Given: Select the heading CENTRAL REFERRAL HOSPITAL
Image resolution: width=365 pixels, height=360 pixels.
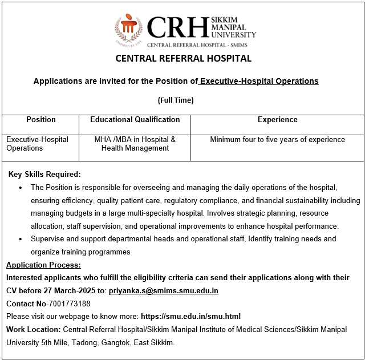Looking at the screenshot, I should (x=183, y=58).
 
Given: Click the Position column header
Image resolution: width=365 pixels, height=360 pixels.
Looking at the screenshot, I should (x=41, y=120).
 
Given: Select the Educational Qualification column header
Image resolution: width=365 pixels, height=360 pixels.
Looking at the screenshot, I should (x=135, y=120).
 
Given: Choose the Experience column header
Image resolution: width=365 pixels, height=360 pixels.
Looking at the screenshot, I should (x=277, y=120).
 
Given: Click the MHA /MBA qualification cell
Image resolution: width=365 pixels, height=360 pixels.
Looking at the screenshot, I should (x=135, y=144).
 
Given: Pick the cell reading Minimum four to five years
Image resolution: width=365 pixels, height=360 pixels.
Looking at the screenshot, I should (x=277, y=140).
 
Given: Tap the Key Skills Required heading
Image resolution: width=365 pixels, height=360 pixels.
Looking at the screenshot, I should (x=44, y=174).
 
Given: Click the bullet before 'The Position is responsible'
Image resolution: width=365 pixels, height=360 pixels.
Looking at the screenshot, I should (x=21, y=188).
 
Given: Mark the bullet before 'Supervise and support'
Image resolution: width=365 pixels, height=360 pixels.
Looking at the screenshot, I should (x=21, y=239).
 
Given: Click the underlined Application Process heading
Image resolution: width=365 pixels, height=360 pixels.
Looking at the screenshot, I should (x=43, y=265).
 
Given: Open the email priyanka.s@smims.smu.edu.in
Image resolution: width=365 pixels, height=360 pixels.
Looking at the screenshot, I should (x=164, y=291).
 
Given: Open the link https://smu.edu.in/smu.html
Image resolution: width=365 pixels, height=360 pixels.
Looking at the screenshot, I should (x=190, y=317).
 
